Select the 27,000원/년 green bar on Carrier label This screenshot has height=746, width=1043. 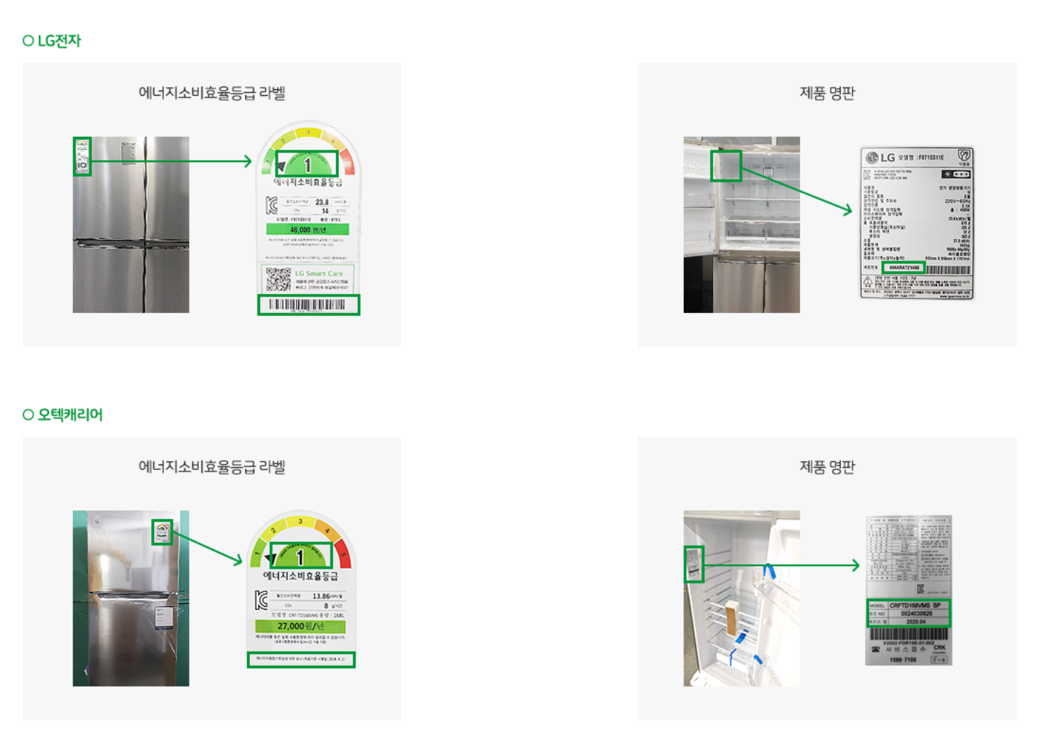coord(300,626)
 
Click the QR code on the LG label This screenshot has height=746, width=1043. coord(278,279)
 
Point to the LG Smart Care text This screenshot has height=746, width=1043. coord(319,273)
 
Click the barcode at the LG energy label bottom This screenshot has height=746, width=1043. coord(308,305)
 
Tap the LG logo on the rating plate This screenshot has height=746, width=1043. coord(880,158)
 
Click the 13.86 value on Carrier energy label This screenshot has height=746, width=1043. coord(322,596)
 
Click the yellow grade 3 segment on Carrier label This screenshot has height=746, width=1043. coord(300,522)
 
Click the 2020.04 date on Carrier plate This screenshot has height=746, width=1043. coord(916,621)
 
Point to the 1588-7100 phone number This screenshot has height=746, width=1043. coord(902,659)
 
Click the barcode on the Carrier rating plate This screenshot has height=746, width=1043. coord(909,633)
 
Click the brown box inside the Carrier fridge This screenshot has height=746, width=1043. coord(731,617)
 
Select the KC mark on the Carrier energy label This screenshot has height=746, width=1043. coord(261,600)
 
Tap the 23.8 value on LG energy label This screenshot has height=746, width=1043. coord(322,202)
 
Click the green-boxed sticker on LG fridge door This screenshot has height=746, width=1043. coord(82,156)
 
